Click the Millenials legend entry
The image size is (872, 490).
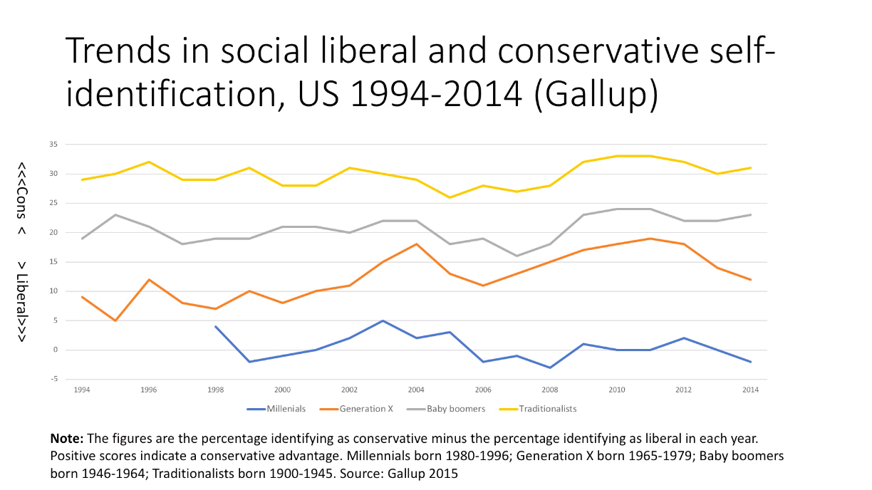coord(276,409)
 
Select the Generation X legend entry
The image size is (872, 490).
coord(356,409)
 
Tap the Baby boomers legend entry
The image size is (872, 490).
coord(446,409)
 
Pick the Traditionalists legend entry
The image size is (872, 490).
coord(538,409)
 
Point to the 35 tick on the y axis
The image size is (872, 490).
coord(53,145)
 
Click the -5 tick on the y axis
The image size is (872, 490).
coord(53,379)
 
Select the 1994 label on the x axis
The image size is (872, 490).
coord(82,390)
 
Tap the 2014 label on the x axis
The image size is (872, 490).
coord(751,390)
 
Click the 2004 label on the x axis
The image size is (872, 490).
coord(416,390)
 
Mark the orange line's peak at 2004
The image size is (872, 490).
coord(417,244)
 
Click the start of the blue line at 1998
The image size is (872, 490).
coord(216,326)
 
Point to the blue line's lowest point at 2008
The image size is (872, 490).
coord(550,367)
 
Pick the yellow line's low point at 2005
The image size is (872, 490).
coord(450,197)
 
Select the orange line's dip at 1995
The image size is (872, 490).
coord(115,320)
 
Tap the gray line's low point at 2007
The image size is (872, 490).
coord(517,256)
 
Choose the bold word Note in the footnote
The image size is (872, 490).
coord(66,439)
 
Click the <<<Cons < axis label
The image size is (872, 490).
coord(22,199)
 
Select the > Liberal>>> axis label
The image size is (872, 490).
coord(22,302)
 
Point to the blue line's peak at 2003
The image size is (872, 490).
coord(383,320)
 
